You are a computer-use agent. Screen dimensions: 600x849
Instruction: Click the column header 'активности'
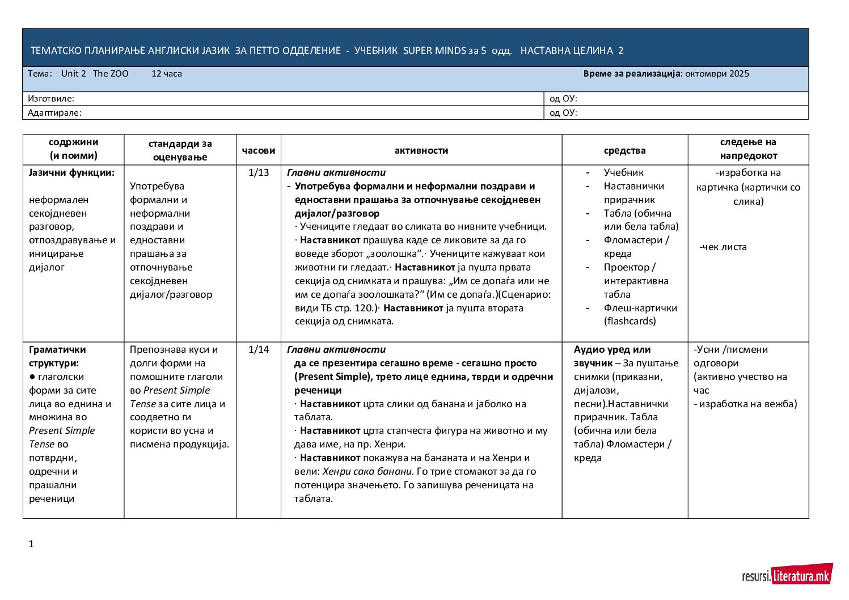(x=421, y=150)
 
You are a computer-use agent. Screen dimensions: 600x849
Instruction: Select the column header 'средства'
(x=624, y=150)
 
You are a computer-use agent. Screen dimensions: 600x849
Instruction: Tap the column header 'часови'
(x=259, y=150)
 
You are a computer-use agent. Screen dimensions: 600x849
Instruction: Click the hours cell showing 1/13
(x=259, y=172)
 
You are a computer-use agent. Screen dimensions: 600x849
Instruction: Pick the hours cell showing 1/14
(x=259, y=349)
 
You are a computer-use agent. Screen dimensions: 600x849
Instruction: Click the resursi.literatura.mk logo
(x=787, y=576)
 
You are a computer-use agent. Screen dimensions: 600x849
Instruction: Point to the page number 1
(x=31, y=544)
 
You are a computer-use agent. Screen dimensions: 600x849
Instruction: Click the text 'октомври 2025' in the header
(x=717, y=74)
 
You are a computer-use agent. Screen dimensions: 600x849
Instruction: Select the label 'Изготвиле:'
(x=51, y=99)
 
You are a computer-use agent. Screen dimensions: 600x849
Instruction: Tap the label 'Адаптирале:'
(x=54, y=113)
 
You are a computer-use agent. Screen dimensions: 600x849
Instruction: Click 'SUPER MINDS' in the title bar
(x=434, y=50)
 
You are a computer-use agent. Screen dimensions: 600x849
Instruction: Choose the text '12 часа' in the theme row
(x=167, y=74)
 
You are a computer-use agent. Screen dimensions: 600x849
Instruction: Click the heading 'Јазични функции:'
(x=71, y=172)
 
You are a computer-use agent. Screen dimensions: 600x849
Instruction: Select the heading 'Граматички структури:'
(x=57, y=356)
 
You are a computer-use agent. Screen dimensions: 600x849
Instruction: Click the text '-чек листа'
(x=723, y=247)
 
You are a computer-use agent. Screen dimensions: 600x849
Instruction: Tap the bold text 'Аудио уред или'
(x=612, y=349)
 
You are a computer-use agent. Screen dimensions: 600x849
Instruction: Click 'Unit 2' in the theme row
(x=74, y=74)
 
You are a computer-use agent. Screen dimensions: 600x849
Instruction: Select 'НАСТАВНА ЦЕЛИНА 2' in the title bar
(x=572, y=50)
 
